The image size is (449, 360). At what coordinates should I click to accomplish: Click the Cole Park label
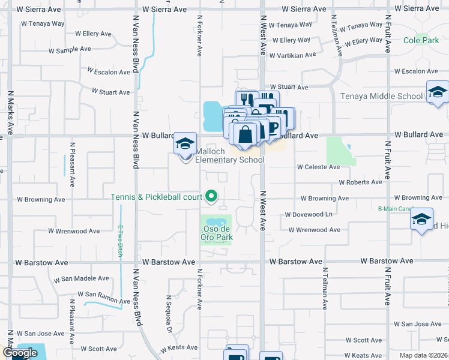pyautogui.click(x=421, y=41)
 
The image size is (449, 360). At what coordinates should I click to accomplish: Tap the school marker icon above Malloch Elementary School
pyautogui.click(x=185, y=144)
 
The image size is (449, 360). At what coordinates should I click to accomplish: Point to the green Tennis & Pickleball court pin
pyautogui.click(x=211, y=196)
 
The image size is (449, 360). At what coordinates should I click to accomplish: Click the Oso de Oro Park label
pyautogui.click(x=217, y=233)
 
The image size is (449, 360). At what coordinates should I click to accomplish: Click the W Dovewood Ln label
pyautogui.click(x=309, y=214)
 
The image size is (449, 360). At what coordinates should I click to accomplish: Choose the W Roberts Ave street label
pyautogui.click(x=360, y=182)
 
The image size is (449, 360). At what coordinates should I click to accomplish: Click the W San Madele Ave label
pyautogui.click(x=82, y=279)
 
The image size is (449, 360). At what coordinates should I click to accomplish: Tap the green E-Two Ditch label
pyautogui.click(x=120, y=241)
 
